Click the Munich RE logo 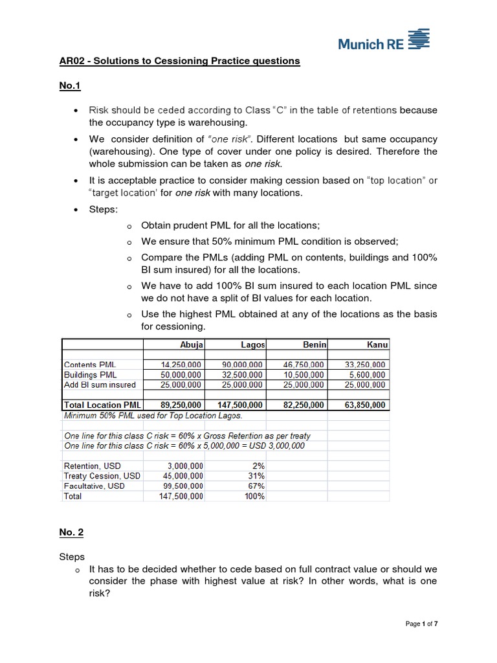tap(384, 40)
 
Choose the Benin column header tap(315, 345)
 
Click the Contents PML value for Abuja tap(181, 365)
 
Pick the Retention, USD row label tap(92, 466)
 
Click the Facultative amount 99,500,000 tap(181, 486)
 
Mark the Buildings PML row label tap(91, 374)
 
